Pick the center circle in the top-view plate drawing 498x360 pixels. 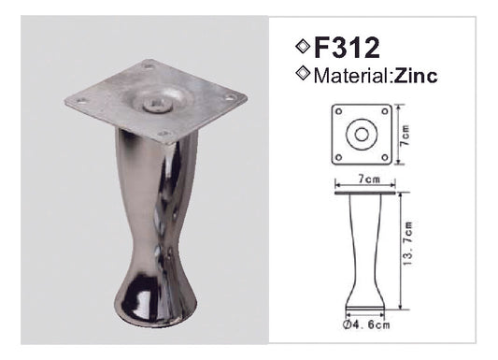coord(358,133)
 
